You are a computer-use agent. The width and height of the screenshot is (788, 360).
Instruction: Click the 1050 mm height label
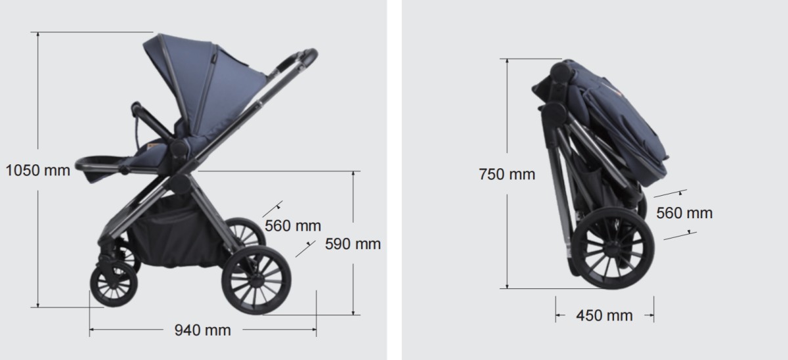[x=38, y=170]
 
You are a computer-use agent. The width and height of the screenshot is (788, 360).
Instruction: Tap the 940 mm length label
[x=203, y=330]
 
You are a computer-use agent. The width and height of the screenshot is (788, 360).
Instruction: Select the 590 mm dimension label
[x=353, y=244]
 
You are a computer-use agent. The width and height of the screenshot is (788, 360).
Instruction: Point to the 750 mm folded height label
[x=507, y=174]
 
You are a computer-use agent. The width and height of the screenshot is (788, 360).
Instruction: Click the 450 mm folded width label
[x=604, y=315]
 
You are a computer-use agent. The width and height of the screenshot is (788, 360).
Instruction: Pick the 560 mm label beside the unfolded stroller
[x=293, y=225]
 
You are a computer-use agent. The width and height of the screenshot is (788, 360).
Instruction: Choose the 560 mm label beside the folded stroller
[x=684, y=213]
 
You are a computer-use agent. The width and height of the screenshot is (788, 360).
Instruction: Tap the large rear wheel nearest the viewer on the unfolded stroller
[x=256, y=280]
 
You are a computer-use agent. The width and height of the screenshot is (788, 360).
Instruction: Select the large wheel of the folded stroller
[x=613, y=248]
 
